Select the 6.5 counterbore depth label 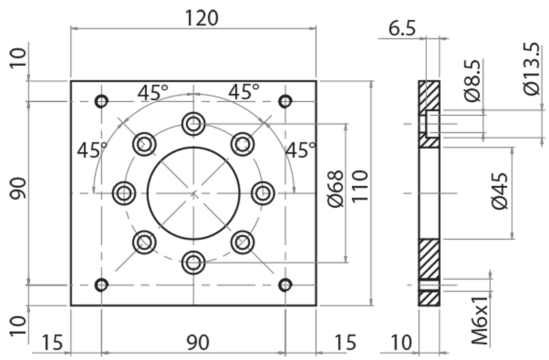(401, 28)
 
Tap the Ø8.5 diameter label (471, 83)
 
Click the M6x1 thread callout (480, 319)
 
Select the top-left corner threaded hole (102, 101)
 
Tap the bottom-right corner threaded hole (285, 285)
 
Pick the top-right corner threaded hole (285, 101)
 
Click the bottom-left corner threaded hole (102, 285)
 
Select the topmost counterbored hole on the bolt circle (194, 124)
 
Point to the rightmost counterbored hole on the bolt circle (262, 193)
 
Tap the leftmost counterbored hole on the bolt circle (124, 193)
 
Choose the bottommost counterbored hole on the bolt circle (194, 261)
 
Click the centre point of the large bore (194, 193)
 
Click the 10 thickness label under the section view (401, 341)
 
